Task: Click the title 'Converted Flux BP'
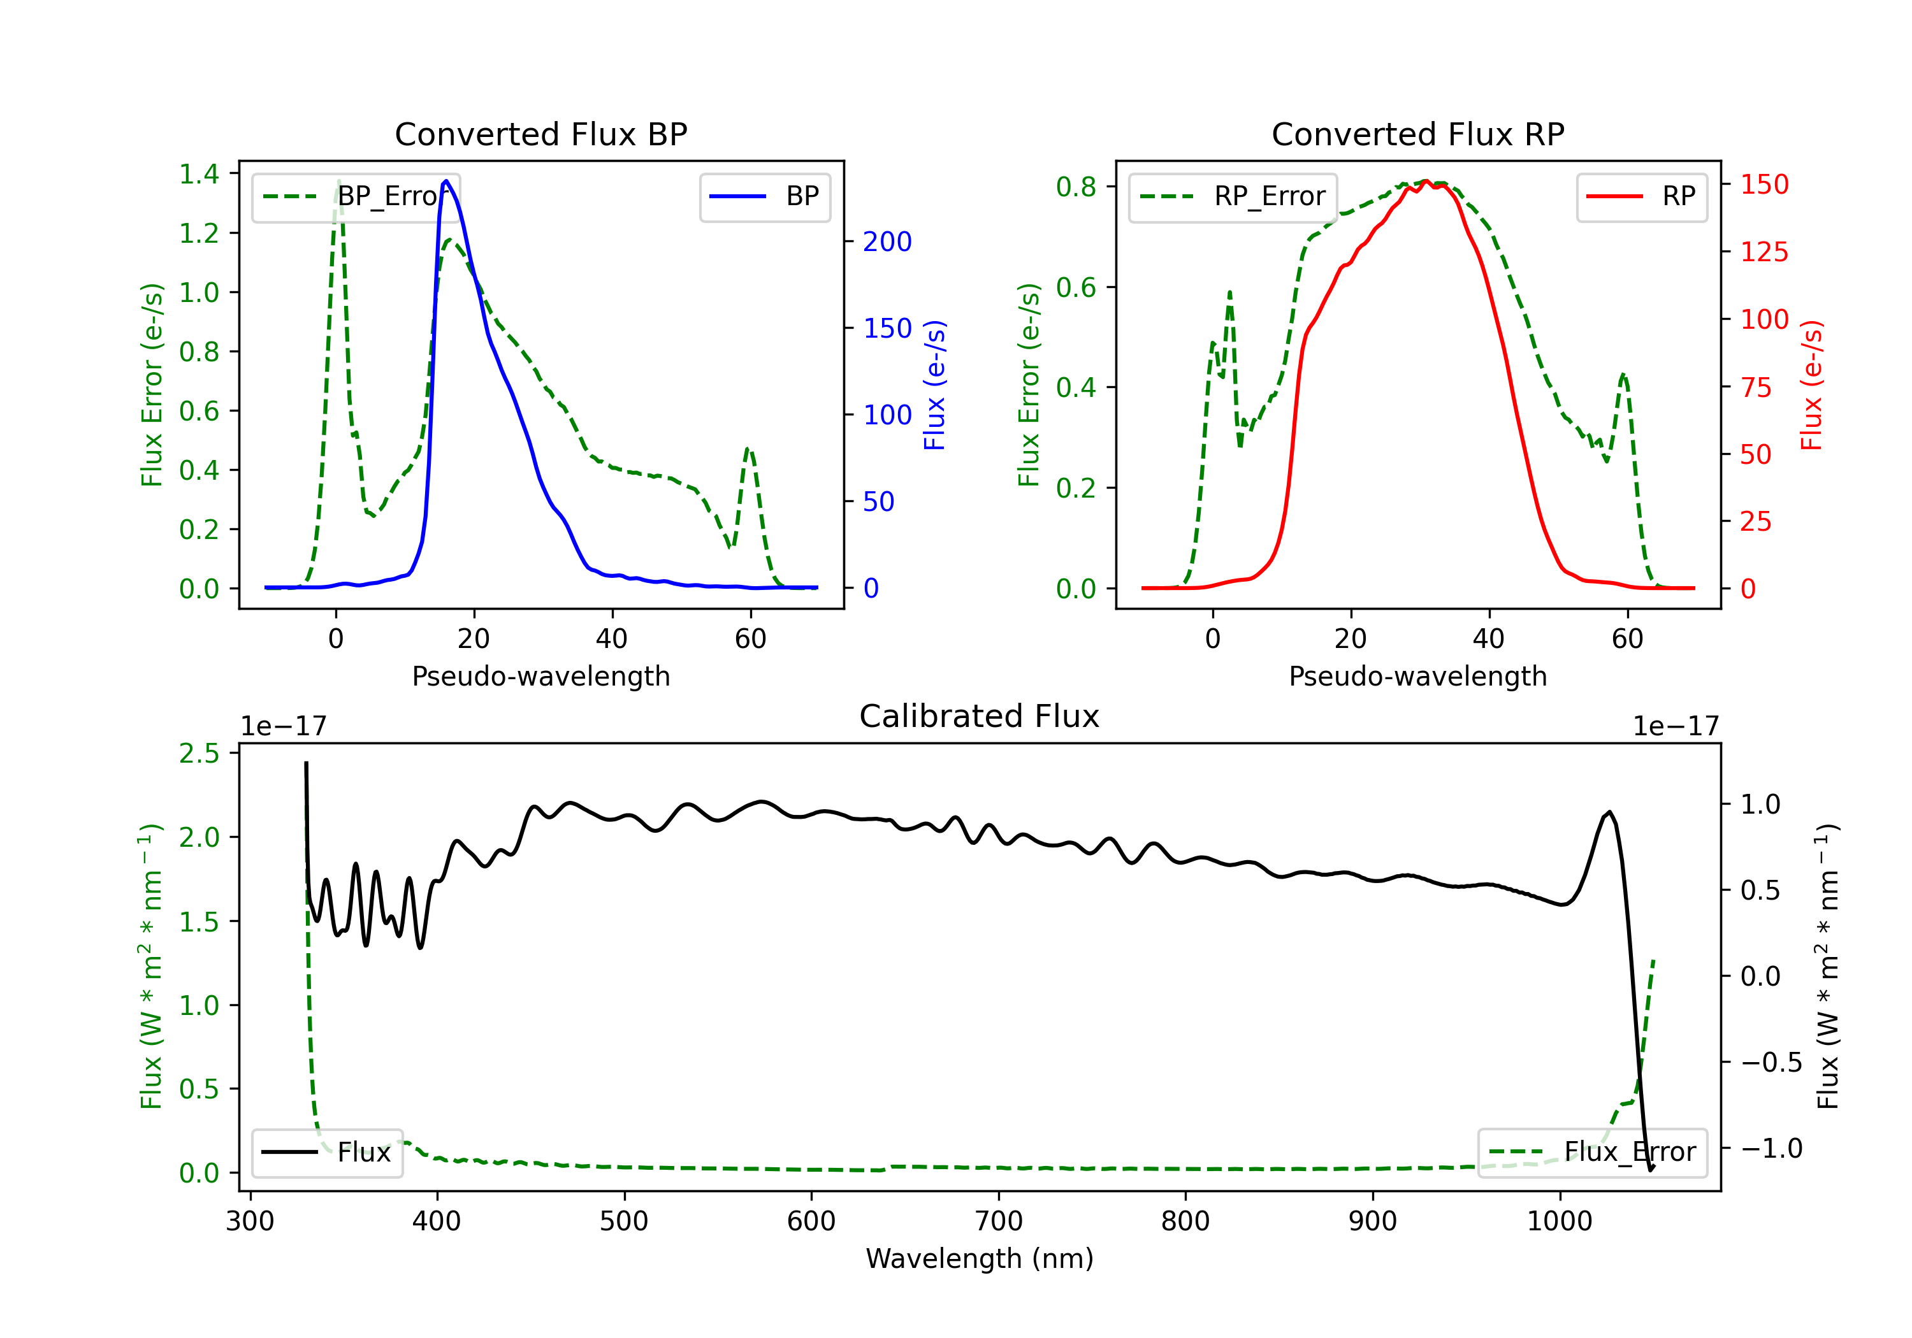[540, 134]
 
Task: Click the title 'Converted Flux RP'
[1417, 134]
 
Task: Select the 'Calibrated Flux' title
[980, 716]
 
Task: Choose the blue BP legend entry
[764, 196]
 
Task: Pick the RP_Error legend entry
[1233, 196]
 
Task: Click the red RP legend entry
[1641, 196]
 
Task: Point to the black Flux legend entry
[326, 1153]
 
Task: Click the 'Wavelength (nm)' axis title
[980, 1259]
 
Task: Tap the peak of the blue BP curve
[446, 181]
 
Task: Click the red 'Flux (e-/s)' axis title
[1812, 385]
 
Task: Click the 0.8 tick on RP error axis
[1076, 187]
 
